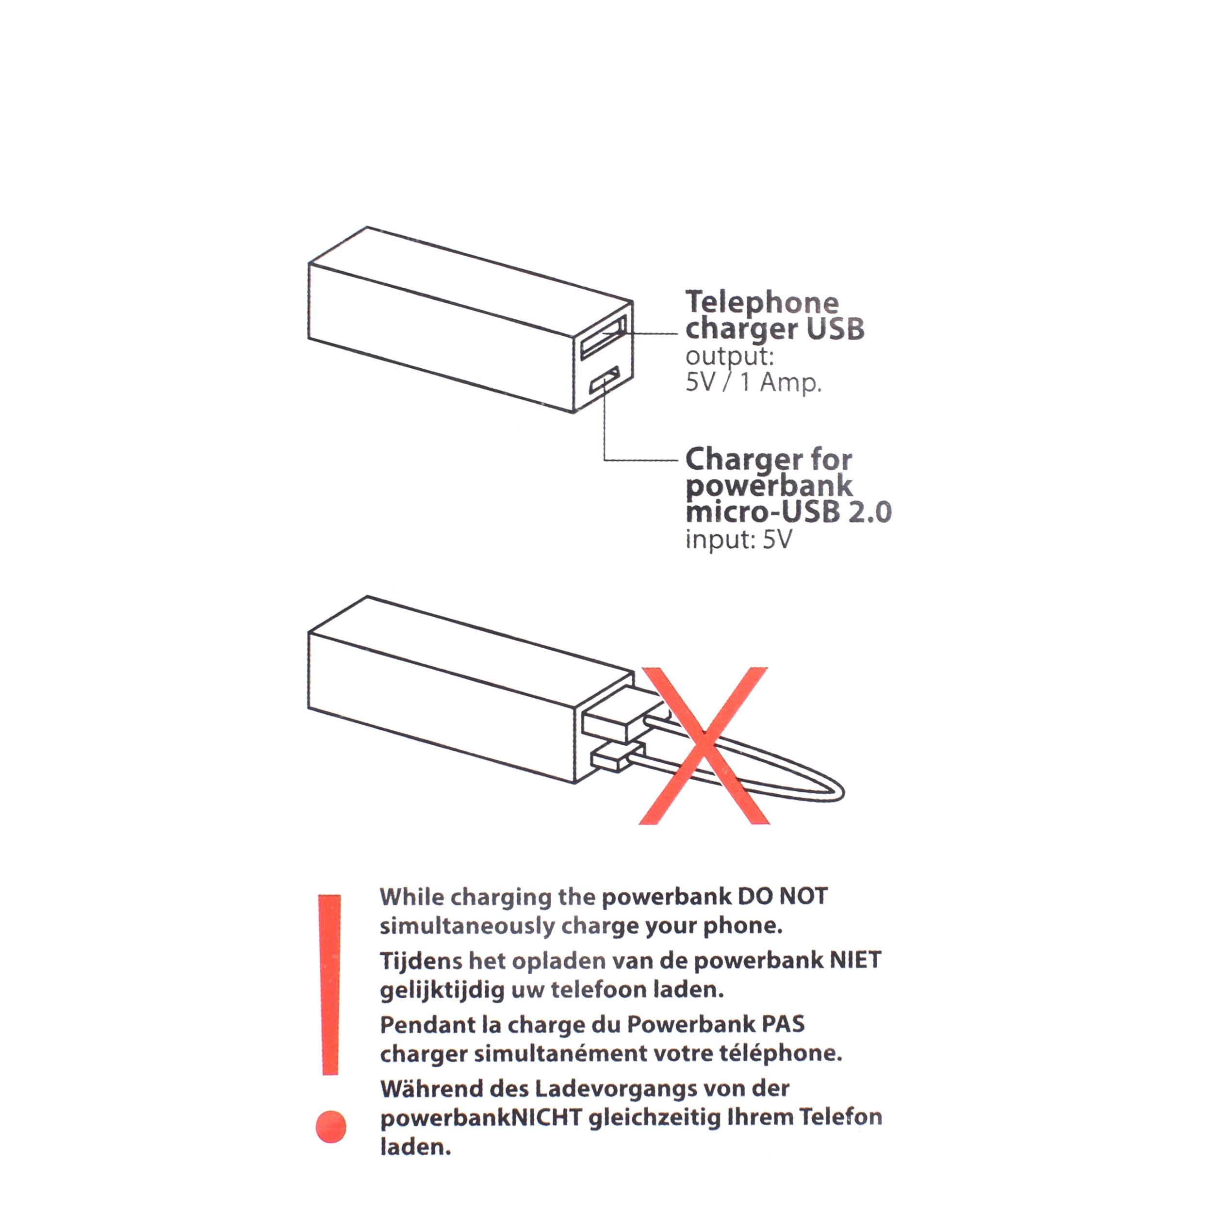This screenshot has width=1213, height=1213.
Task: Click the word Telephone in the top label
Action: (x=762, y=303)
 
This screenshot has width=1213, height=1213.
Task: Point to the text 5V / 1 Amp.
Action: (x=754, y=382)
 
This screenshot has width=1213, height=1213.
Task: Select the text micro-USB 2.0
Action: (x=788, y=512)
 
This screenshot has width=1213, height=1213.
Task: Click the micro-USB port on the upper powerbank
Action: (x=604, y=382)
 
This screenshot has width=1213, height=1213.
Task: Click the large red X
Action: (x=704, y=746)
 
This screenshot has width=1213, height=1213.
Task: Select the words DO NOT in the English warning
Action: (x=782, y=896)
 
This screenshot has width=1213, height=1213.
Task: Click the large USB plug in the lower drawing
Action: (x=612, y=721)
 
